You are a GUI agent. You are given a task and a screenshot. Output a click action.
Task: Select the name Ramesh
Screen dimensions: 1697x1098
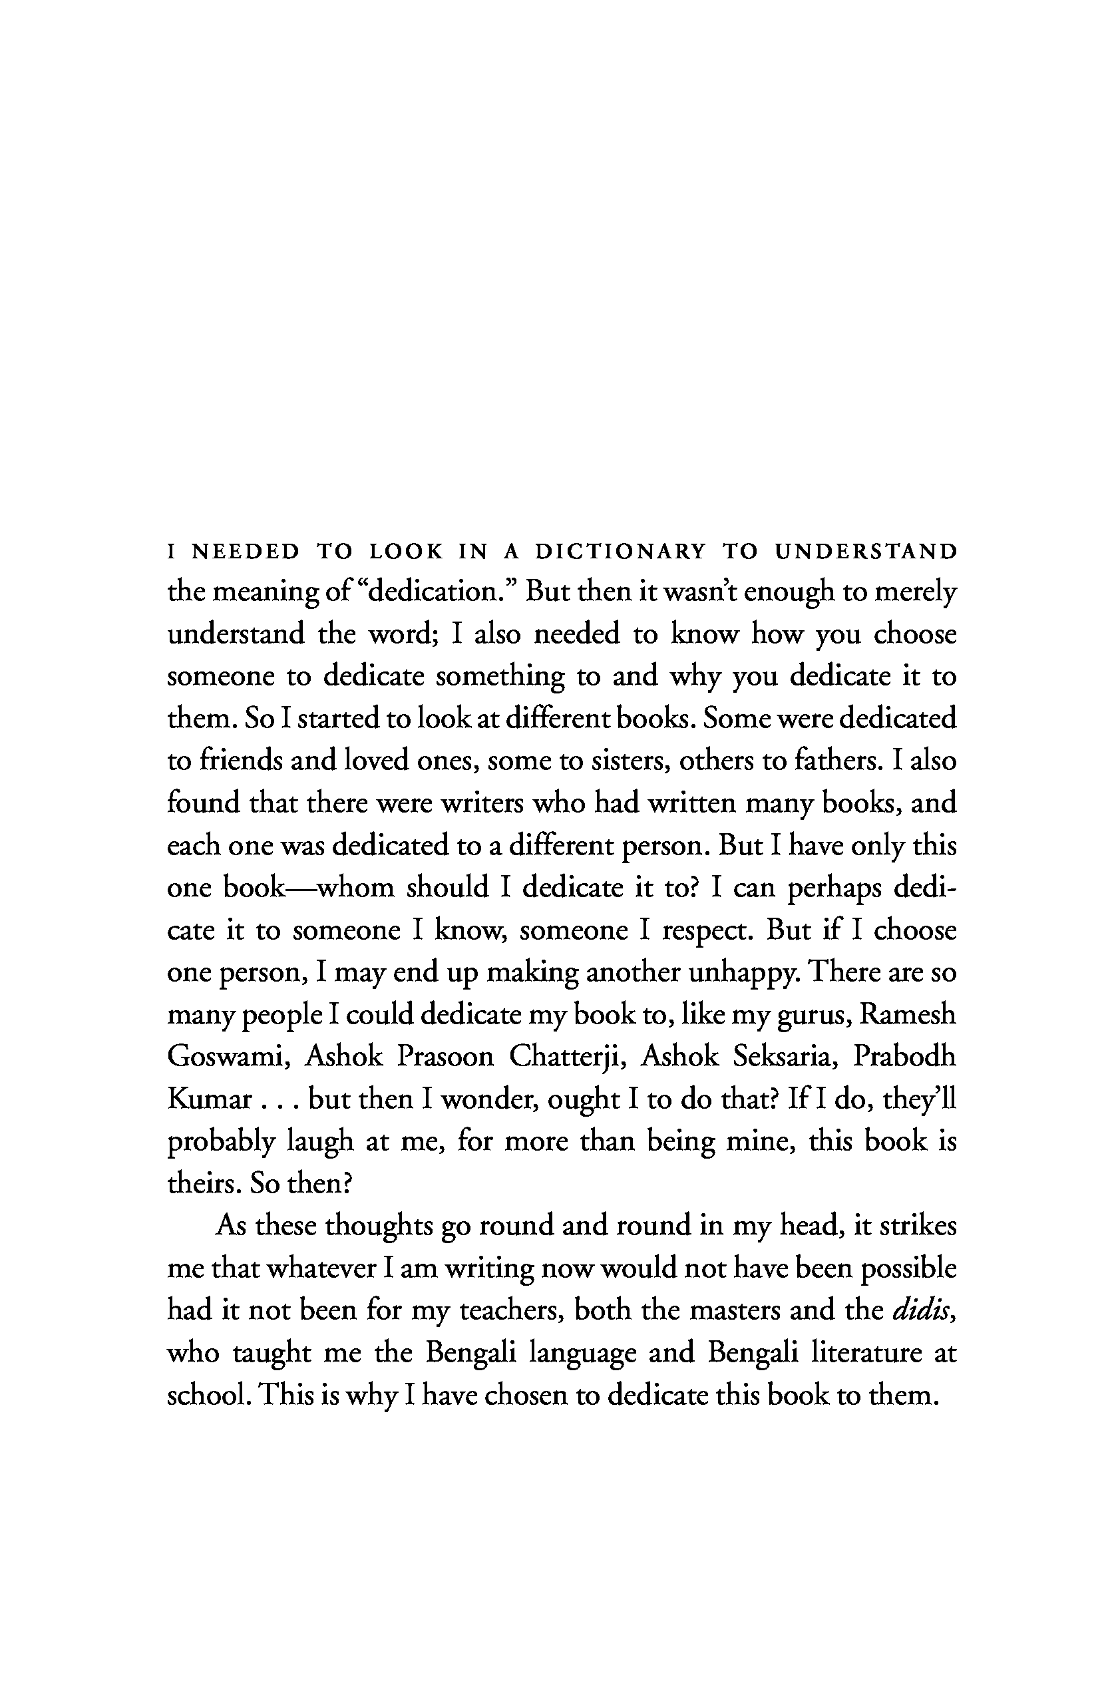tap(908, 1015)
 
